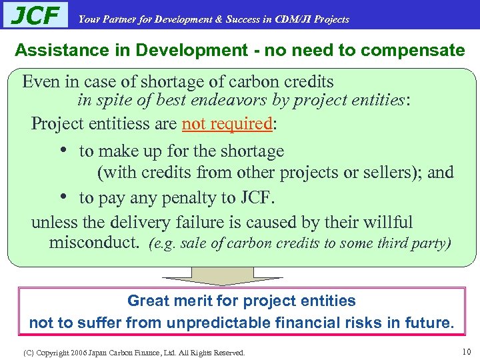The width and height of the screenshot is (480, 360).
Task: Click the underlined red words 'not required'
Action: (227, 124)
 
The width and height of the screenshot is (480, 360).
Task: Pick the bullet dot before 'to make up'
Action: (60, 151)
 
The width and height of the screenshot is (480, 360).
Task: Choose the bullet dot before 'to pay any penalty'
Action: (60, 197)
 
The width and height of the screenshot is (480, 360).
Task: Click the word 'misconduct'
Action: (93, 242)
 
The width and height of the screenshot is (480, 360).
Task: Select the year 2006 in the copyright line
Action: (79, 352)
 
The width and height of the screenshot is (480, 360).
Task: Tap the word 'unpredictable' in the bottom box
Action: (225, 323)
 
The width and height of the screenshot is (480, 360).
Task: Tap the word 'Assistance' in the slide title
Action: (53, 50)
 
